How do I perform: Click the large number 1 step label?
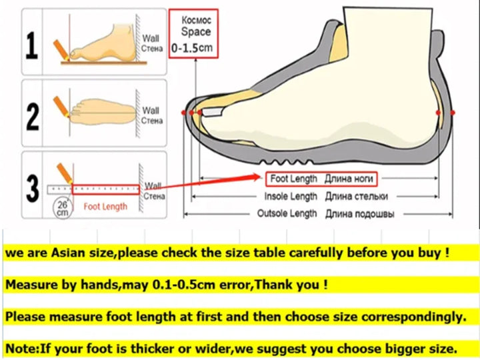tap(32, 45)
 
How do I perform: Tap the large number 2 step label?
tap(33, 117)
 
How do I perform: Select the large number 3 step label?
tap(33, 189)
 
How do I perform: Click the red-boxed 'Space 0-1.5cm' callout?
tap(193, 34)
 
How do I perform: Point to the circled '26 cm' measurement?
tap(63, 209)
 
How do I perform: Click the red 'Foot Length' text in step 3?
tap(105, 207)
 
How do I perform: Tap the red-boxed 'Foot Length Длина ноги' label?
tap(321, 179)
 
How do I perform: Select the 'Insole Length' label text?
tap(291, 197)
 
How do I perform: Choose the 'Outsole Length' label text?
tap(287, 213)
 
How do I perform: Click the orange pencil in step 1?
tap(61, 49)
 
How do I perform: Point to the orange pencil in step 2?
tap(61, 107)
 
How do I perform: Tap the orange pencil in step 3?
tap(65, 173)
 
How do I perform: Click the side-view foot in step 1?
tap(103, 45)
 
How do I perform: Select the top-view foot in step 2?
tap(103, 112)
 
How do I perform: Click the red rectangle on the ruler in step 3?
tap(106, 189)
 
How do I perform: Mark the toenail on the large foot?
tap(213, 112)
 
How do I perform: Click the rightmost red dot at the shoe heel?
tap(453, 113)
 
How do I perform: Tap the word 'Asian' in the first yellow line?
tap(68, 253)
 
